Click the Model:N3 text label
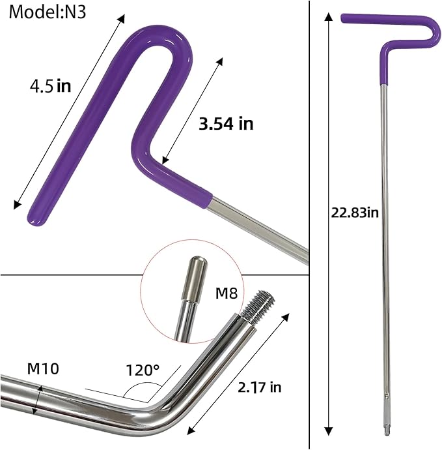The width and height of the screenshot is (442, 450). (x=48, y=12)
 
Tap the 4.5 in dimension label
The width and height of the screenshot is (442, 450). (x=50, y=86)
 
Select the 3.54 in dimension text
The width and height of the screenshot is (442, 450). (x=226, y=124)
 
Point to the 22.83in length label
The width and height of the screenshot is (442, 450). (x=355, y=213)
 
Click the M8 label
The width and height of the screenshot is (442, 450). (x=227, y=293)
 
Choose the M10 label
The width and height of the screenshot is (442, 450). (x=43, y=368)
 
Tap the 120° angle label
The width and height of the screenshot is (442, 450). (x=143, y=370)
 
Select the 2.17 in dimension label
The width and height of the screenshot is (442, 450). (x=260, y=387)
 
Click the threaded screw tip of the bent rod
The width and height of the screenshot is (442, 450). (x=258, y=306)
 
